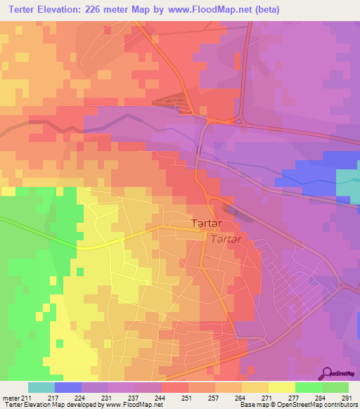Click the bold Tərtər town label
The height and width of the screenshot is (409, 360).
pos(209,223)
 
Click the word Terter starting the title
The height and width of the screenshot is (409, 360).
pos(22,9)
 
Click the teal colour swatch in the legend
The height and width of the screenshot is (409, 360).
pos(41,387)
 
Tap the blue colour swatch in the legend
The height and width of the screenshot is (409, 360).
pos(67,387)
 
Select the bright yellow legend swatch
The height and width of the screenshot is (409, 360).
pos(281,387)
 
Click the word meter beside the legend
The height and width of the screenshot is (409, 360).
pos(10,398)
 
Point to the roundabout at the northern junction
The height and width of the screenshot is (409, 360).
pos(237,120)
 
